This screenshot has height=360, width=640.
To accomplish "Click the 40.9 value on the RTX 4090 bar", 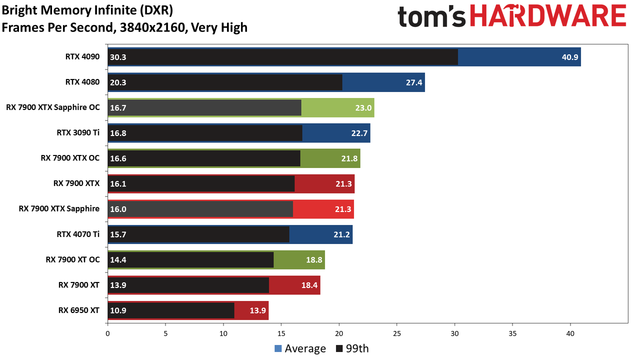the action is (x=569, y=57).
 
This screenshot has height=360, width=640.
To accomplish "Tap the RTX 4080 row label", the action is (x=82, y=82).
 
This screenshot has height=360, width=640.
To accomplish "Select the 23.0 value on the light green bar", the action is (x=363, y=107).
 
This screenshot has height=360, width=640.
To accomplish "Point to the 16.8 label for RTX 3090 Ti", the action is (x=118, y=133).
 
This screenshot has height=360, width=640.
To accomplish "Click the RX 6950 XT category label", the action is (x=79, y=310).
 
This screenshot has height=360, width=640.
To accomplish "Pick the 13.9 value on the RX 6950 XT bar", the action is (x=257, y=310).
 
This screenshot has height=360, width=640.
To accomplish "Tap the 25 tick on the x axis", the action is (x=397, y=333).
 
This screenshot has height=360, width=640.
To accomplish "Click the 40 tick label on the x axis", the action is (x=570, y=333).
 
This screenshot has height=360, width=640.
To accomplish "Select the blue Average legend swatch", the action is (x=278, y=348).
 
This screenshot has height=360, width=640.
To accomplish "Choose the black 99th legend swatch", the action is (x=339, y=348).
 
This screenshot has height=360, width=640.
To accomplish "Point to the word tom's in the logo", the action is (x=431, y=16).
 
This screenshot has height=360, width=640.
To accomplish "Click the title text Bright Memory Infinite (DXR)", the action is (x=87, y=10).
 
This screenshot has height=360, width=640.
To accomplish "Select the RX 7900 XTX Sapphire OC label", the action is (x=53, y=107).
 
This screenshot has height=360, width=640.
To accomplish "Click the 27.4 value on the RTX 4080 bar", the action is (x=414, y=82).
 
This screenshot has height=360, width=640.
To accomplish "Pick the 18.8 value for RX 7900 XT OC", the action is (x=314, y=259).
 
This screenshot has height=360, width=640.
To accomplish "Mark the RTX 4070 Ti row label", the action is (x=78, y=234).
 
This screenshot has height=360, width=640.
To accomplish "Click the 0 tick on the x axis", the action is (x=107, y=333).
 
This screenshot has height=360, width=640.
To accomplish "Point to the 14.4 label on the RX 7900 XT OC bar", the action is (x=118, y=259).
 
